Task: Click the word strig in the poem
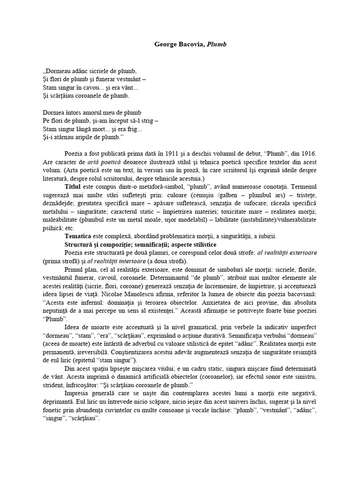pyautogui.click(x=147, y=121)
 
